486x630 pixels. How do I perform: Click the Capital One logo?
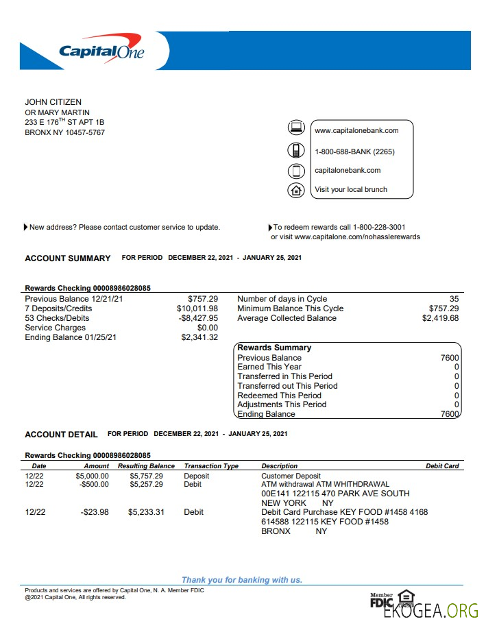click(x=101, y=50)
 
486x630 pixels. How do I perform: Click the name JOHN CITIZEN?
click(x=53, y=102)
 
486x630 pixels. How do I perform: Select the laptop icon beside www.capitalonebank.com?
click(x=295, y=128)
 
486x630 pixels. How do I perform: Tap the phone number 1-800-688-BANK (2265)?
click(x=354, y=152)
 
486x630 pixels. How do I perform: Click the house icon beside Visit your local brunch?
click(x=295, y=190)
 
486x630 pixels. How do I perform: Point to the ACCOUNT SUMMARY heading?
click(x=67, y=258)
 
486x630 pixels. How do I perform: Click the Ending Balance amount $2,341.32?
click(x=199, y=337)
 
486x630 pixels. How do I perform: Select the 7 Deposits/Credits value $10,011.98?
click(x=197, y=308)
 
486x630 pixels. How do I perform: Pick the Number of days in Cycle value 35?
click(x=454, y=299)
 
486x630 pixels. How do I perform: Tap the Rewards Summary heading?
click(x=274, y=348)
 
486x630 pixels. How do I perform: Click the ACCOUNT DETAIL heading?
click(x=61, y=435)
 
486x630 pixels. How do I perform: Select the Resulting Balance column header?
click(x=146, y=466)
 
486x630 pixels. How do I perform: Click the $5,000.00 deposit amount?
click(x=92, y=475)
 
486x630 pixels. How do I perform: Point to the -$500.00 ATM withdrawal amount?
click(x=94, y=484)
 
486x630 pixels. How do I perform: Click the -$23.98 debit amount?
click(x=94, y=512)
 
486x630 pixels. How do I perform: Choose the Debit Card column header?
click(x=442, y=466)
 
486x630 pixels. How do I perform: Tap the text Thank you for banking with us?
click(x=241, y=580)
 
